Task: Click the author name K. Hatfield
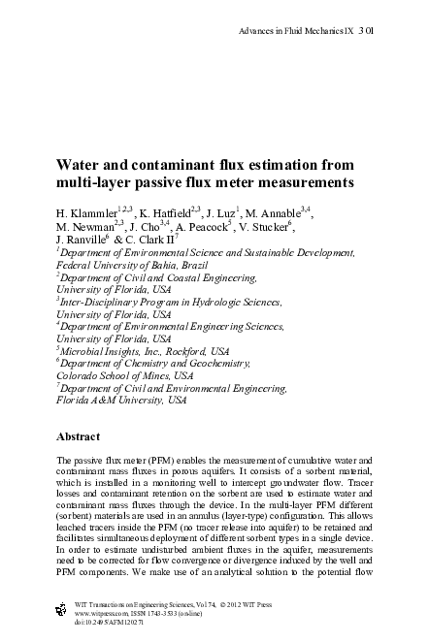click(164, 212)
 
